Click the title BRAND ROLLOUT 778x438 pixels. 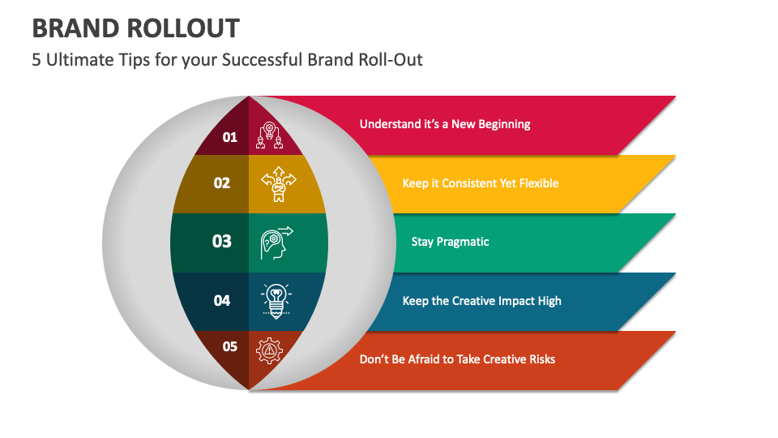pyautogui.click(x=136, y=28)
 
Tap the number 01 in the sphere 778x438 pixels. pyautogui.click(x=230, y=137)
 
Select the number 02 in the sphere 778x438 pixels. pyautogui.click(x=222, y=183)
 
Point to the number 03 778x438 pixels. pyautogui.click(x=222, y=242)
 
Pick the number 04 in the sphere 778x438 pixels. pyautogui.click(x=222, y=301)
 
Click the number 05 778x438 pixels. pyautogui.click(x=230, y=347)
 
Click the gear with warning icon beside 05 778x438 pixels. pyautogui.click(x=269, y=350)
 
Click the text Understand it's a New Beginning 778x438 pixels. pyautogui.click(x=445, y=124)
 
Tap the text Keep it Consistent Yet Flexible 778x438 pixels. pyautogui.click(x=481, y=183)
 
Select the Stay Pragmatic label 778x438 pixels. pyautogui.click(x=450, y=242)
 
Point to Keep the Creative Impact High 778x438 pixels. pyautogui.click(x=481, y=301)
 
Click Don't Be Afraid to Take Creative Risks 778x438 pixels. pyautogui.click(x=457, y=359)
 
